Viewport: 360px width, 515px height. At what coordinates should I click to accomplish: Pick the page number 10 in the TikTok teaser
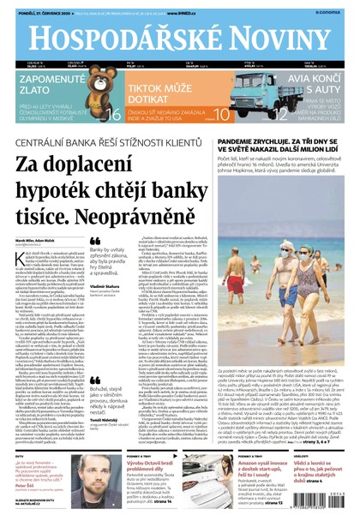(x=220, y=112)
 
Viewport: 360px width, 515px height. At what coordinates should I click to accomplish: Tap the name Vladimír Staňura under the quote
(x=105, y=285)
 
